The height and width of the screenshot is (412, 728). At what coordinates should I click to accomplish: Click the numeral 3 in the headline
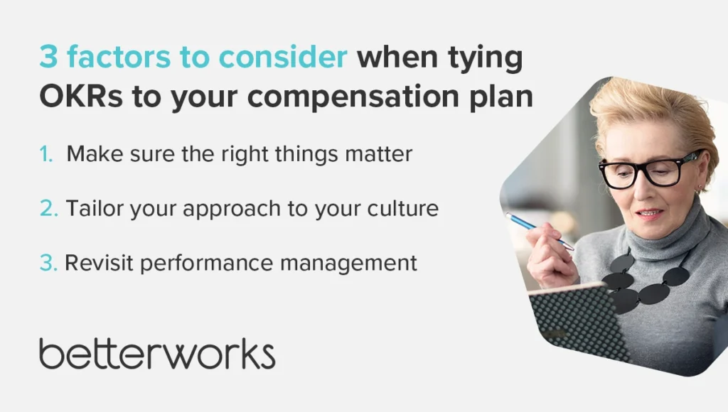click(x=49, y=57)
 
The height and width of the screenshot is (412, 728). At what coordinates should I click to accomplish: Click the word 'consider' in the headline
click(x=283, y=57)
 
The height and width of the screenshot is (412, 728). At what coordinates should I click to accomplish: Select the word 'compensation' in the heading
click(x=353, y=98)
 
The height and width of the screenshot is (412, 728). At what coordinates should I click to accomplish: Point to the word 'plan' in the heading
click(x=501, y=97)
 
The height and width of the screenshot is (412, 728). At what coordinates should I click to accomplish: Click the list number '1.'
click(x=46, y=154)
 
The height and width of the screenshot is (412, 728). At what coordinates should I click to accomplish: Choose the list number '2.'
click(x=49, y=208)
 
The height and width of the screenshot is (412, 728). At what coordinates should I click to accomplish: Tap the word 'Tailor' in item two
click(x=95, y=208)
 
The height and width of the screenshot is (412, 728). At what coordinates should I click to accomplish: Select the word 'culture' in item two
click(x=403, y=208)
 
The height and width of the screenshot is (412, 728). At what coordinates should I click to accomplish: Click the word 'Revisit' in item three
click(x=100, y=263)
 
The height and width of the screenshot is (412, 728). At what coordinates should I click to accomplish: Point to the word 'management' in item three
click(x=348, y=264)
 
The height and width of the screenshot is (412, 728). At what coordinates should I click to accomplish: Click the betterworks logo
click(x=157, y=354)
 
